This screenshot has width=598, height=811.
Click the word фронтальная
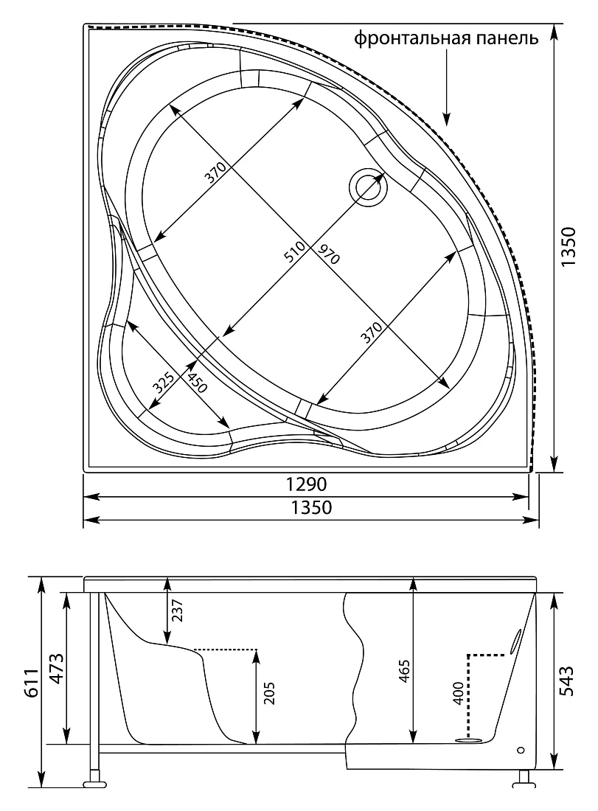click(411, 38)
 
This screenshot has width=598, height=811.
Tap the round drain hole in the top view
click(368, 187)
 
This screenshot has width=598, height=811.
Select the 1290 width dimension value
click(306, 484)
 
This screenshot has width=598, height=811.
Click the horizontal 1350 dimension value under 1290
click(310, 507)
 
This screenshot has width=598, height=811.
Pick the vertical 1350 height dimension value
click(568, 247)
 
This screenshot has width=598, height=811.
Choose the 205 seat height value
click(268, 694)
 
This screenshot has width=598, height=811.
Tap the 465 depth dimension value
click(404, 671)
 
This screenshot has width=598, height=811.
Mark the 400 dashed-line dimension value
click(458, 693)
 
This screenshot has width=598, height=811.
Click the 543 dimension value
click(567, 681)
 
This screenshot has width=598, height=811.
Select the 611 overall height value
click(32, 683)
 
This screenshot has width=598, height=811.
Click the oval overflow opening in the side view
click(515, 642)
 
